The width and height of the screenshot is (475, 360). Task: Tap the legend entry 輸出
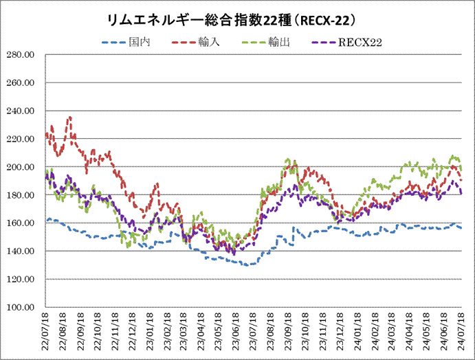coord(278,43)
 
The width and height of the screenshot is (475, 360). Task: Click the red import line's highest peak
coord(69,117)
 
